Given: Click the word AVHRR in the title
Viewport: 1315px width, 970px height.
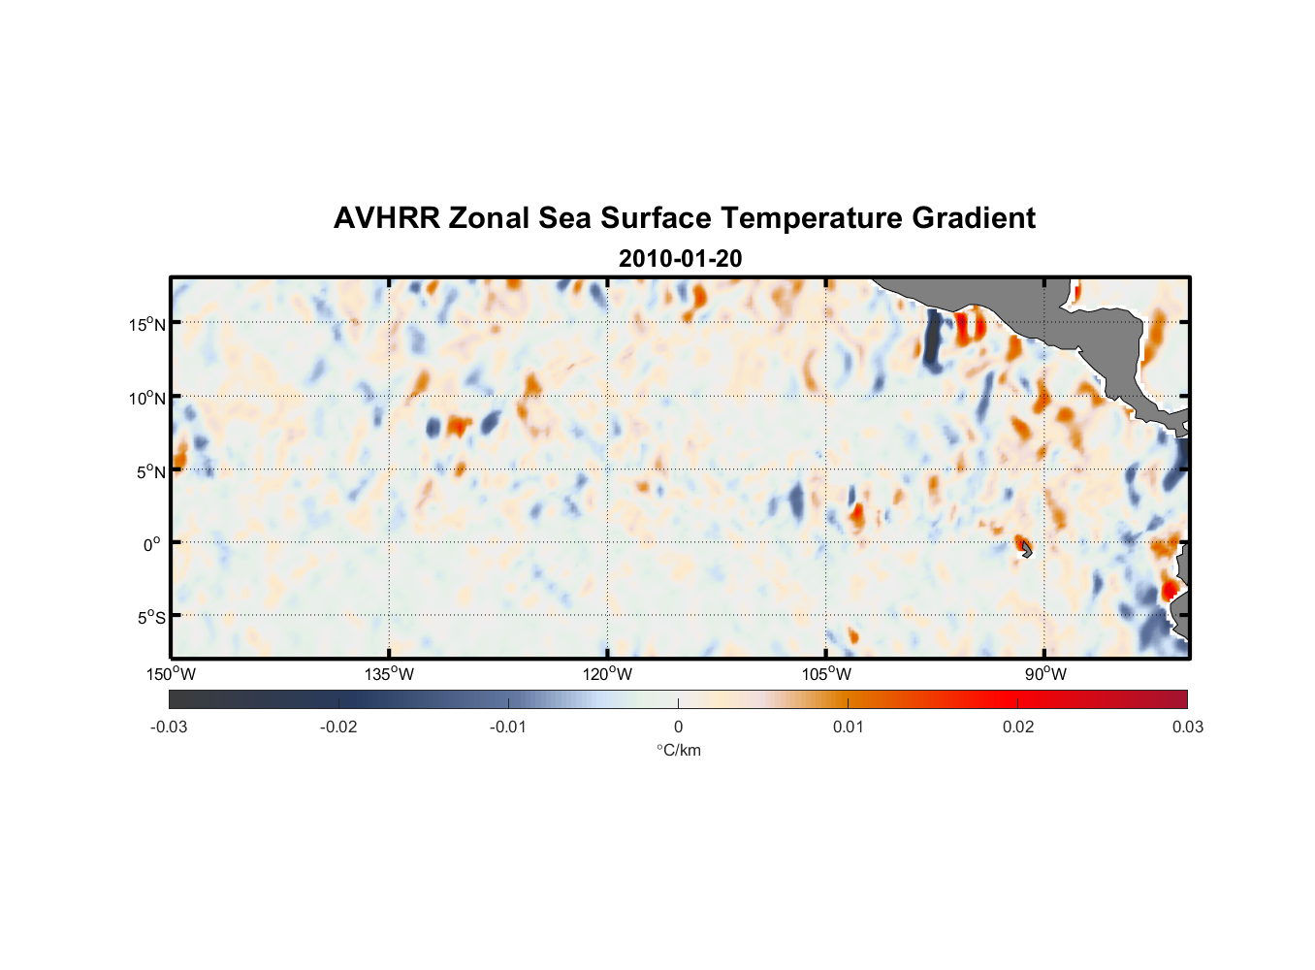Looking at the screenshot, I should [x=386, y=218].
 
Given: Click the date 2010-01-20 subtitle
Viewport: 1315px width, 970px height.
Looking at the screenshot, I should [x=680, y=259].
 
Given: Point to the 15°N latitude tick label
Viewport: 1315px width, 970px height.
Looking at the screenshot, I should [x=146, y=324].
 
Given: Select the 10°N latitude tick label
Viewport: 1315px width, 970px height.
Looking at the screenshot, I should [x=146, y=398].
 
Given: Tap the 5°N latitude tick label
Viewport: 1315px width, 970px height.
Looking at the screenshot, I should [x=149, y=471].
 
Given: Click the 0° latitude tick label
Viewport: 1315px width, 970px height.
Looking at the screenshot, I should [x=152, y=544].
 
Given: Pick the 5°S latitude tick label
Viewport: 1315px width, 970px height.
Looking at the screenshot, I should [x=149, y=618].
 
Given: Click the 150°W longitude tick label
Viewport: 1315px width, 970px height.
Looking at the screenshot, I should [x=171, y=674].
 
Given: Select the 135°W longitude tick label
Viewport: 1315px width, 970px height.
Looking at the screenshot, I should [x=389, y=674].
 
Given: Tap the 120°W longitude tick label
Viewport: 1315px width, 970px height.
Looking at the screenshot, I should [x=607, y=674].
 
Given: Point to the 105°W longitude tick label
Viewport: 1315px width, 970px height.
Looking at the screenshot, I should [x=826, y=674].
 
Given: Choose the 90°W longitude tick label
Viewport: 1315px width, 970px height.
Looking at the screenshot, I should [x=1045, y=674].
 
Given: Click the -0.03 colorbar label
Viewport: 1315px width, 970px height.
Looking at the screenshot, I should [x=169, y=727].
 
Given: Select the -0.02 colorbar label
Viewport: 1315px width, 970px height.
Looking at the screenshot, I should [x=338, y=727].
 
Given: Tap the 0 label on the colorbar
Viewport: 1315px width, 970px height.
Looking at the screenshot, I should [x=678, y=727].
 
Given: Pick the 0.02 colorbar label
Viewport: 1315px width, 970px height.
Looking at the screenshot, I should [x=1018, y=727].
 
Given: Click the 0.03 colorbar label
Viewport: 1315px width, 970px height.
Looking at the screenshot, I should [x=1187, y=727].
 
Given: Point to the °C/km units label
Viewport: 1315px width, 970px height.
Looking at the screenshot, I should [x=678, y=750].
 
